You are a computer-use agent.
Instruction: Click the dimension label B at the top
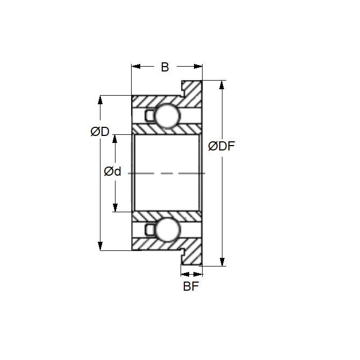(x=165, y=67)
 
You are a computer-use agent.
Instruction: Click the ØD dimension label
(x=99, y=132)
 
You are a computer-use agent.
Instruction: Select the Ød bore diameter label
(x=112, y=172)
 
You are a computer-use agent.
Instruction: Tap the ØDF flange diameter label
(x=221, y=146)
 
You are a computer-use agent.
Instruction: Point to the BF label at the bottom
(x=191, y=286)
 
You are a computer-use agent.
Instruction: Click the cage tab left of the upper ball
(x=150, y=116)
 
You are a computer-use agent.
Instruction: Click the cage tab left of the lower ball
(x=150, y=230)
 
